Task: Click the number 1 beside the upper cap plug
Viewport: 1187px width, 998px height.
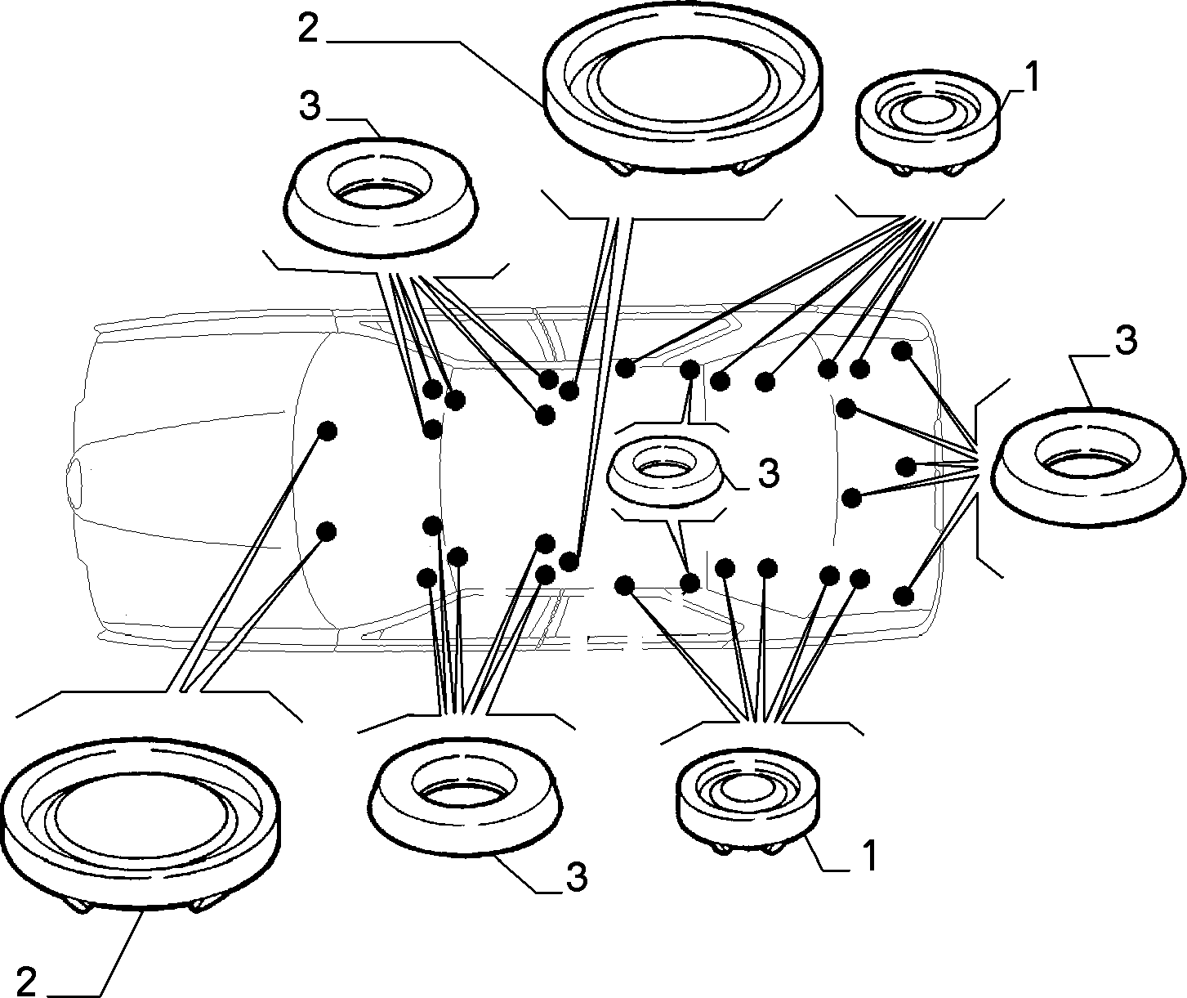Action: click(1032, 78)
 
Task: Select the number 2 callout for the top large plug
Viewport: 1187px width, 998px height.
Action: click(308, 29)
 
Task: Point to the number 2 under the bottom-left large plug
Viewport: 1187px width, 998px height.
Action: click(26, 980)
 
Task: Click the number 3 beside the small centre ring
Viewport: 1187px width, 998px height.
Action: click(770, 472)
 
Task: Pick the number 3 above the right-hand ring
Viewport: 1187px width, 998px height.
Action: click(1127, 340)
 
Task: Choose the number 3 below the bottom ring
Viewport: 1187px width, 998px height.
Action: click(577, 875)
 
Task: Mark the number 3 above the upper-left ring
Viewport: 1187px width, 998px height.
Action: click(310, 105)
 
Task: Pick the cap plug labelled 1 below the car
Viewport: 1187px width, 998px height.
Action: click(747, 799)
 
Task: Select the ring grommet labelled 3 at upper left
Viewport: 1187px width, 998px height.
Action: click(382, 196)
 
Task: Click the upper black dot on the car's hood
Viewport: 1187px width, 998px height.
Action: click(327, 431)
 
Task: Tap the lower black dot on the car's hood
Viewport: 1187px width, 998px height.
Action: click(326, 532)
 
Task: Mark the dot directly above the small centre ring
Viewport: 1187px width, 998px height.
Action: click(689, 370)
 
